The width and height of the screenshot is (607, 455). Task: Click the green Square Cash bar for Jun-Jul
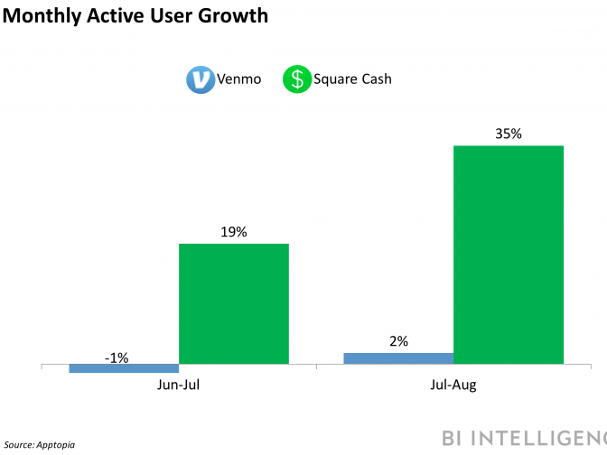(233, 304)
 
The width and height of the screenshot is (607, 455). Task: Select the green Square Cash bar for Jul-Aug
(508, 255)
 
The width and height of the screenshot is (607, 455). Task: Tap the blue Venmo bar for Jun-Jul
(124, 368)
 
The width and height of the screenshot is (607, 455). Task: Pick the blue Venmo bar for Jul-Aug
(398, 358)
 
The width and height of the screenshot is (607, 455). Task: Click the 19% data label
(233, 232)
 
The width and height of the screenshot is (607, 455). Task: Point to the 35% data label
(509, 135)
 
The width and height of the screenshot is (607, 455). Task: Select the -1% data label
(117, 357)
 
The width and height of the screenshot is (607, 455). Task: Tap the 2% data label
(399, 341)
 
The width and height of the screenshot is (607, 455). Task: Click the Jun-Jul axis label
(179, 385)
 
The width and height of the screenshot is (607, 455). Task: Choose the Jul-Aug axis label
(453, 385)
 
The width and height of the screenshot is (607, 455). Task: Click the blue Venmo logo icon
(199, 79)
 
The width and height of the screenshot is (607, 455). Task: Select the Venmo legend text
(238, 79)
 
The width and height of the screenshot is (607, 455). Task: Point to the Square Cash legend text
(352, 79)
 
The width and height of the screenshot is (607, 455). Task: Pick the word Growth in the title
(238, 16)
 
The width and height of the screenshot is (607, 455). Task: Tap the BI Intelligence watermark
(524, 438)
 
